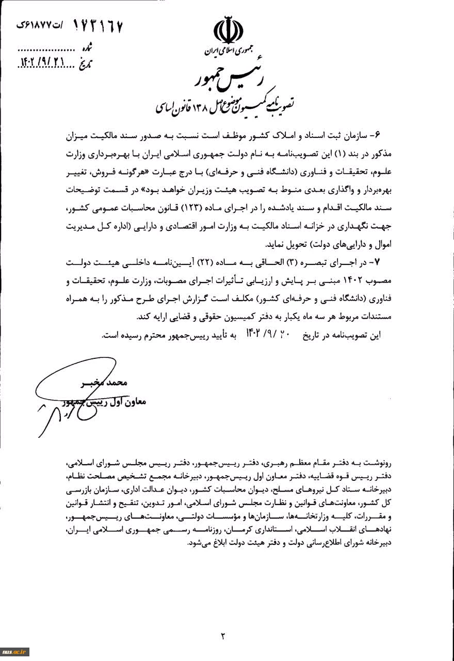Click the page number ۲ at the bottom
pos(223,636)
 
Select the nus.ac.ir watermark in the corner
pos(15,651)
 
